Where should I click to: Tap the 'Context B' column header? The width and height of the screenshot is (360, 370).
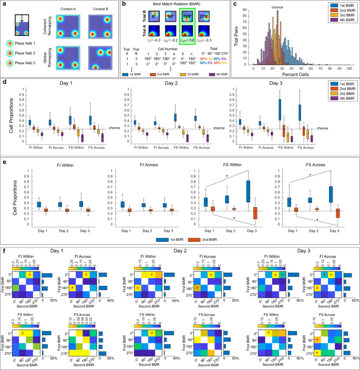tap(98, 8)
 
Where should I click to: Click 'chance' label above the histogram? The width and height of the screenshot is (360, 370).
tap(278, 8)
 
